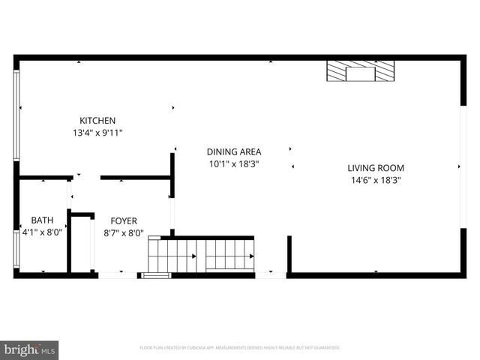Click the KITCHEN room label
(97, 121)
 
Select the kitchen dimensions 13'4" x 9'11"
(97, 133)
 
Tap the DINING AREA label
(234, 151)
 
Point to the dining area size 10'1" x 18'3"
(234, 163)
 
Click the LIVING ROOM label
(376, 168)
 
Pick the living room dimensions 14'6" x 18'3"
(376, 180)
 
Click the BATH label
(42, 220)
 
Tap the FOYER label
(123, 220)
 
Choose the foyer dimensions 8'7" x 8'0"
(123, 232)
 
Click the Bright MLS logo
(30, 349)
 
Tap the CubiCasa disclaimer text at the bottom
(240, 348)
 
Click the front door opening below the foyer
(118, 275)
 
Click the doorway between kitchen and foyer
(86, 178)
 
